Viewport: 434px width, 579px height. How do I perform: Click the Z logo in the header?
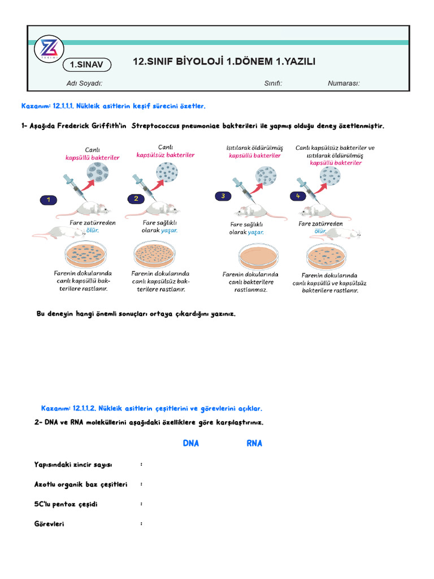pos(49,49)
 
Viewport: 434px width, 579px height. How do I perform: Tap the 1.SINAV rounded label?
pos(87,64)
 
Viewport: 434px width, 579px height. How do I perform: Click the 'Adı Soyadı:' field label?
pos(84,84)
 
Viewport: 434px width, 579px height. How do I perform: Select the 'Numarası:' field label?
pos(344,84)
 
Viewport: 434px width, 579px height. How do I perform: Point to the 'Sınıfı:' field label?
pos(273,84)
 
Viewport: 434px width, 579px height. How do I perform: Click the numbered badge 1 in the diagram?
pos(49,200)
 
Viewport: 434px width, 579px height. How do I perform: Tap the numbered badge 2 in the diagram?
pos(136,198)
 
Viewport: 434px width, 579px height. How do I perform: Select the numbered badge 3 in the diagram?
pos(223,196)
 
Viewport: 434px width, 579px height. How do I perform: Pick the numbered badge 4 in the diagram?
pos(298,196)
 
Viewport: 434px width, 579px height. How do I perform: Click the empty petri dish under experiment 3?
pos(258,256)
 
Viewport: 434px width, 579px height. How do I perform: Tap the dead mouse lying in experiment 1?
pos(59,232)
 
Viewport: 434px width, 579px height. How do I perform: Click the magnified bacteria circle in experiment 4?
pos(330,176)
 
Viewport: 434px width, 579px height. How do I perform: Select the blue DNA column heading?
pos(191,443)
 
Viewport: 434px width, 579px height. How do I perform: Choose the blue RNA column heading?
pos(254,443)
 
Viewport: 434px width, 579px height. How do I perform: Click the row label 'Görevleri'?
pos(49,524)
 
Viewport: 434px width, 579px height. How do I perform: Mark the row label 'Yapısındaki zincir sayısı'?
pos(73,465)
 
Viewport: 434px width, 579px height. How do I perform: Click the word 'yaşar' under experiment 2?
pos(169,231)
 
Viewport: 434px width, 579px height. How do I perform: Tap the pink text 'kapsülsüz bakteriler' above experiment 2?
pos(166,155)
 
